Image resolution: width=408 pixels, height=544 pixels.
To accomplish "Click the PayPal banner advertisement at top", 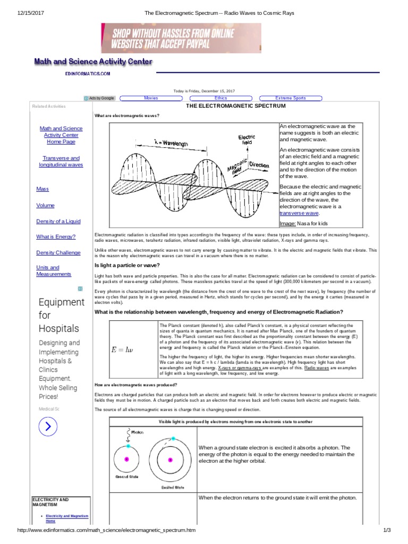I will (181, 38).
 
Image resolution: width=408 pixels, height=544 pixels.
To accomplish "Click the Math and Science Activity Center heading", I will (93, 62).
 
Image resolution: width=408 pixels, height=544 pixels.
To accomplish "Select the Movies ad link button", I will (151, 98).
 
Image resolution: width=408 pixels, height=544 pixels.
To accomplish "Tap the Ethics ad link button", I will (220, 98).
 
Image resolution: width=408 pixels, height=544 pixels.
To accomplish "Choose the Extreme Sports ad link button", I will (290, 98).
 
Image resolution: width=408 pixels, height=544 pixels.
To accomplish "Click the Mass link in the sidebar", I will (42, 189).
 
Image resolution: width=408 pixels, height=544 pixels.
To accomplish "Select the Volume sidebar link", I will (45, 205).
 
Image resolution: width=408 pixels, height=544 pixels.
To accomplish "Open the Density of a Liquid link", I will (58, 221).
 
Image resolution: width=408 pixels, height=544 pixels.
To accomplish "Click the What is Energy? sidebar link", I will (56, 237).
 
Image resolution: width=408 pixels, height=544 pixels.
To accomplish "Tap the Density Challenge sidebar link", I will (58, 253).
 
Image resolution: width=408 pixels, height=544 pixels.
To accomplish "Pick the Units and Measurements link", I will (53, 271).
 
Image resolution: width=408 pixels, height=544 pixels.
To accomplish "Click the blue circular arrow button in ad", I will (48, 426).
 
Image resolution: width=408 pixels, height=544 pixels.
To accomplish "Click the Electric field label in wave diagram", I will (247, 140).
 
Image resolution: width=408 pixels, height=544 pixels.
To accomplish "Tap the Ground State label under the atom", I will (127, 477).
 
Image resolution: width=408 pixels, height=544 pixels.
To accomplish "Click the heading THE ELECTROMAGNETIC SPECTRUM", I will (235, 106).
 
